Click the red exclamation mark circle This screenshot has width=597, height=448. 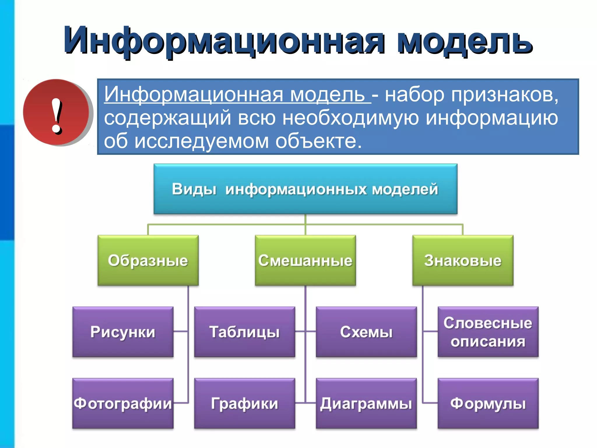pyautogui.click(x=56, y=112)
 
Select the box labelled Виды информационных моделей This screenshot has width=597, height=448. pyautogui.click(x=305, y=189)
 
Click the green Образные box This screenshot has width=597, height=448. pyautogui.click(x=148, y=260)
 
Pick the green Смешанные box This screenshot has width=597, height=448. pyautogui.click(x=305, y=260)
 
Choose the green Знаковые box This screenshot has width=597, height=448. pyautogui.click(x=463, y=260)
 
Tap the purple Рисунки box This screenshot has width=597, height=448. pyautogui.click(x=123, y=332)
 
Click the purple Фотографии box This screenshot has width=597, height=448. pyautogui.click(x=123, y=403)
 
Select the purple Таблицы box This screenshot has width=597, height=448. pyautogui.click(x=245, y=332)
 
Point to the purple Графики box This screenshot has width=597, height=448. pyautogui.click(x=245, y=403)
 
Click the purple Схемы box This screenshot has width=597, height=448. pyautogui.click(x=366, y=332)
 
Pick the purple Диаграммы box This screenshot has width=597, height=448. pyautogui.click(x=366, y=403)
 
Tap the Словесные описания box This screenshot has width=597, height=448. pyautogui.click(x=488, y=332)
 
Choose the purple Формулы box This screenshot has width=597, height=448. pyautogui.click(x=488, y=403)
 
